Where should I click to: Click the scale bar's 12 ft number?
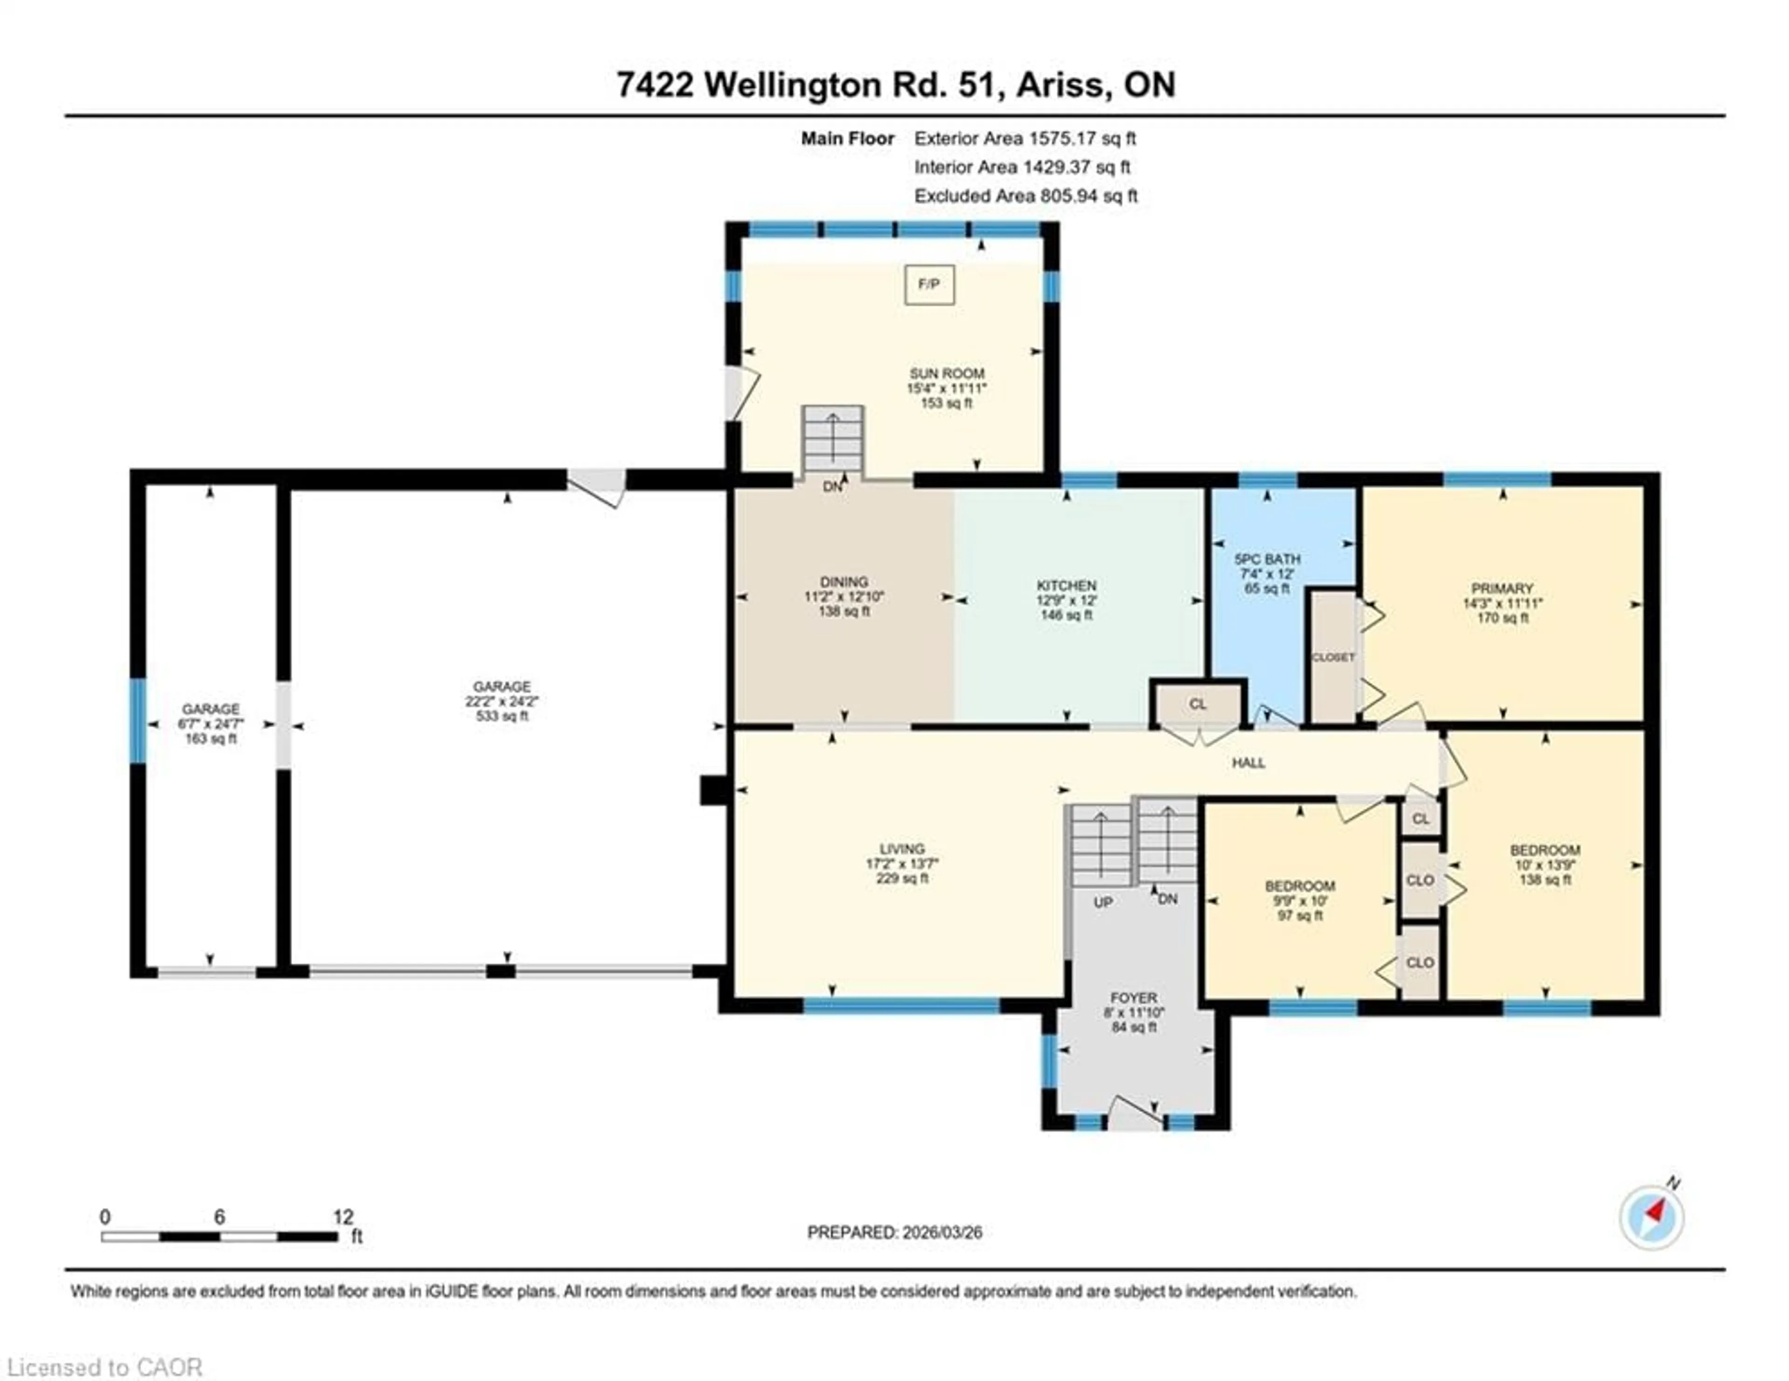click(343, 1217)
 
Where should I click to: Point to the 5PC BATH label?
click(1267, 560)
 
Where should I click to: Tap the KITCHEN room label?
click(1066, 586)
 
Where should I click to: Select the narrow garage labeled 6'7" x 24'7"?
click(211, 724)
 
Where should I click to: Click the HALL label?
click(1249, 763)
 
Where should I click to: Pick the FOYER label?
click(1133, 998)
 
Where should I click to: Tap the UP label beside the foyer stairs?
click(1103, 902)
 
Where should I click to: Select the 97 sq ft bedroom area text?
click(1300, 916)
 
